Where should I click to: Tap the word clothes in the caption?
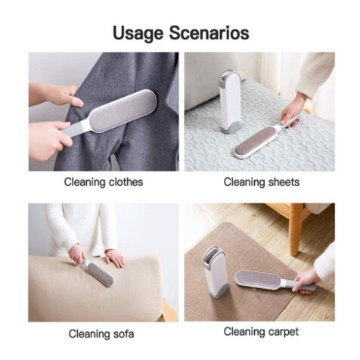pos(124,182)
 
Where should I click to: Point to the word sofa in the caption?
pos(125,334)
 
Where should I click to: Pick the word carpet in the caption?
pos(284,331)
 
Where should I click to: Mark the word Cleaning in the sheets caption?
pos(244,182)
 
